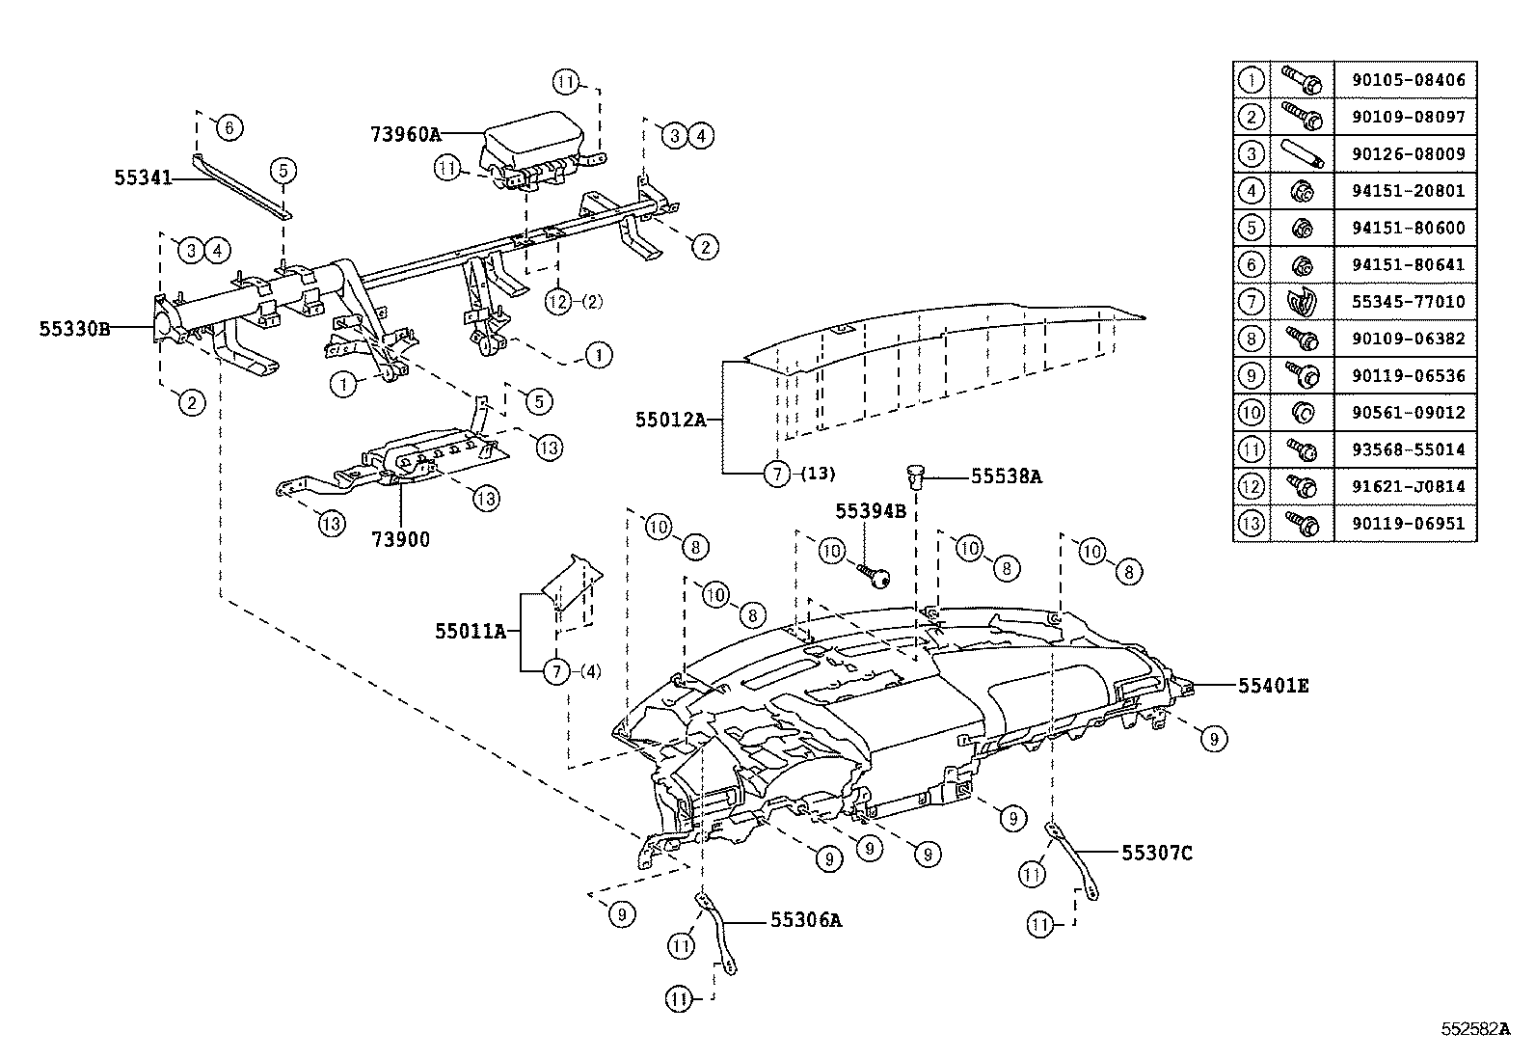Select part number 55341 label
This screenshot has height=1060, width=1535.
click(x=143, y=177)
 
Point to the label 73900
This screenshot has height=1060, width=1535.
click(x=401, y=539)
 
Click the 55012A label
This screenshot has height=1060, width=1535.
click(x=671, y=419)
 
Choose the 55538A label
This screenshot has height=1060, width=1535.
click(x=1006, y=476)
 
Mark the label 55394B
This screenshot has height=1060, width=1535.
click(x=871, y=511)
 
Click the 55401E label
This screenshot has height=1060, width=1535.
click(x=1273, y=686)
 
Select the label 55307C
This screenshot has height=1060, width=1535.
click(x=1157, y=853)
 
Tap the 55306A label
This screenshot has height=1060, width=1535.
click(x=806, y=920)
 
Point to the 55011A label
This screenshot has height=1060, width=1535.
click(x=471, y=631)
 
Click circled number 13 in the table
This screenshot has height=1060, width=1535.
click(x=1251, y=523)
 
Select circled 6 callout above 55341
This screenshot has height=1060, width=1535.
click(x=229, y=127)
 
